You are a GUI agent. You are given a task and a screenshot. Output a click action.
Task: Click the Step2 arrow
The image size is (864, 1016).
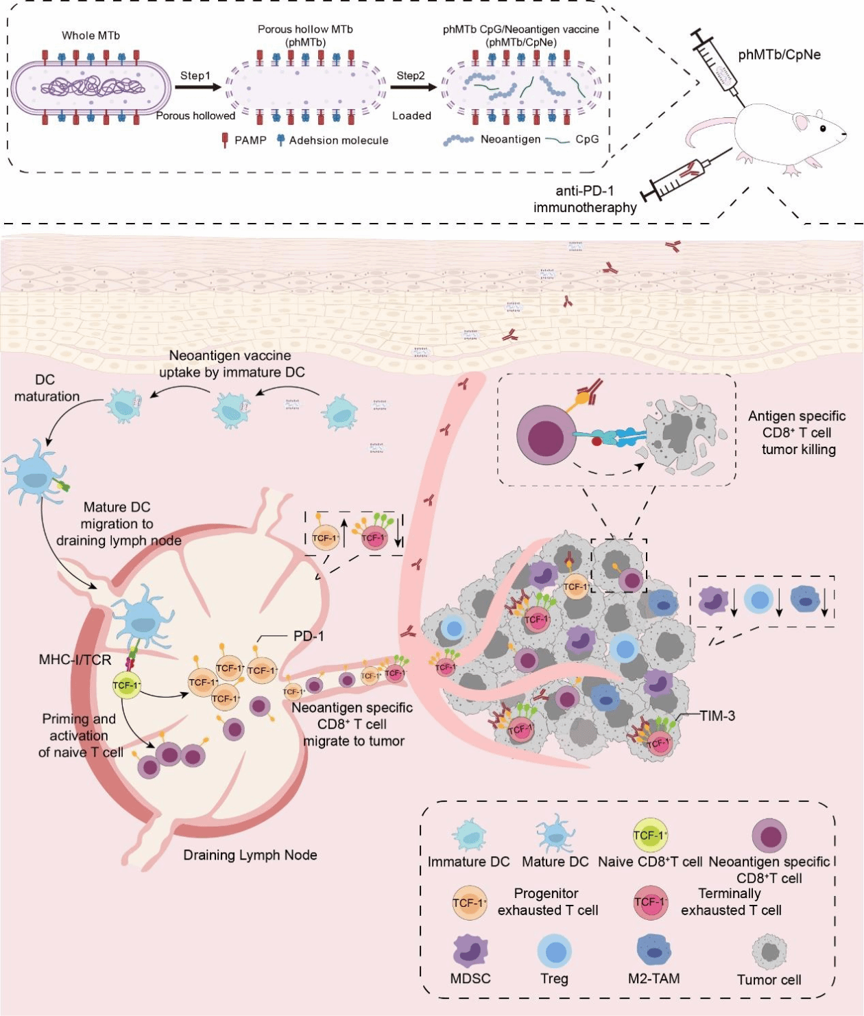point(413,87)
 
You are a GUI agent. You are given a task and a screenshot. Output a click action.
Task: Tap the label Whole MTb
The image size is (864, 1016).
point(91,36)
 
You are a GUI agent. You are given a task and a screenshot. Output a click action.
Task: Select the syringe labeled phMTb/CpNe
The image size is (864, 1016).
point(717,66)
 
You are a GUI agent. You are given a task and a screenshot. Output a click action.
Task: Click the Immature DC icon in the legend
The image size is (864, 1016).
point(469,836)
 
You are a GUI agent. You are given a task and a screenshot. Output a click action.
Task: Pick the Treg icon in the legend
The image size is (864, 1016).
point(554,952)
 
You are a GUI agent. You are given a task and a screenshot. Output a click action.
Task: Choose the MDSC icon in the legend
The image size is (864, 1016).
point(470,952)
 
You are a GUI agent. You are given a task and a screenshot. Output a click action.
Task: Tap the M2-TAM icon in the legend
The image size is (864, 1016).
point(653,950)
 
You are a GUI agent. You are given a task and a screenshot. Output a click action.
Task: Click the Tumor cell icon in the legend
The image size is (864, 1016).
point(769,952)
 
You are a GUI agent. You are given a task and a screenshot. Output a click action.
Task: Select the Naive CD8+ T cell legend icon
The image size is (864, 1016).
point(649,835)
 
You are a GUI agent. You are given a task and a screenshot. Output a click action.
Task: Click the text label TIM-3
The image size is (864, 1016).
point(717,716)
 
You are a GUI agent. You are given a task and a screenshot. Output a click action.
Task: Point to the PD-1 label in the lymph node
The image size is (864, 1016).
point(309,636)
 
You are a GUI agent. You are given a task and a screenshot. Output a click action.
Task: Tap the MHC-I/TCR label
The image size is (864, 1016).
point(75,660)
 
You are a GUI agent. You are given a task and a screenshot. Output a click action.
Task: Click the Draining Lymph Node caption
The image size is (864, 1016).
point(250,855)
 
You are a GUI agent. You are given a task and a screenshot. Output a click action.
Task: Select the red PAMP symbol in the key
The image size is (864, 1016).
point(224,141)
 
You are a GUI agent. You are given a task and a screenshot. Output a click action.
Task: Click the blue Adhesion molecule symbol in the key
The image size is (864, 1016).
point(280,141)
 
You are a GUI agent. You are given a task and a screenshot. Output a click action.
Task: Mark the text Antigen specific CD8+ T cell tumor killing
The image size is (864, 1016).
point(797,433)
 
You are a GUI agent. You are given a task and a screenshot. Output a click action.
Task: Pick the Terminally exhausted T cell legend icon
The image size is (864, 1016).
point(650,903)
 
